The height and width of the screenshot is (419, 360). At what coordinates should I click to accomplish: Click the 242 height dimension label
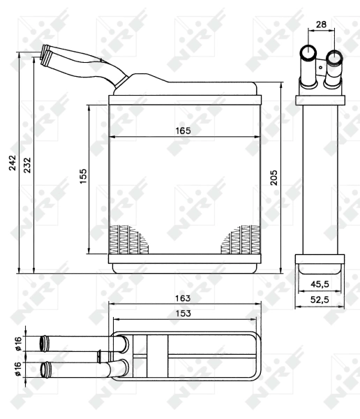(13, 163)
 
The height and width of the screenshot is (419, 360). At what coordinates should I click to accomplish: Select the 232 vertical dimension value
(27, 163)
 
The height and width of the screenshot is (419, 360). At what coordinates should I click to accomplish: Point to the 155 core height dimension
(82, 177)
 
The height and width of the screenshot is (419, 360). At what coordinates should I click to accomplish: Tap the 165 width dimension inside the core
(183, 131)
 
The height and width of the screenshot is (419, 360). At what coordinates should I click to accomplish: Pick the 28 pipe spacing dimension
(321, 24)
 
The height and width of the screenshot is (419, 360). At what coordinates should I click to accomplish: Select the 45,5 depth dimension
(320, 284)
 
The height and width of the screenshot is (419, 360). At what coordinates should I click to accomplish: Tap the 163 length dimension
(183, 297)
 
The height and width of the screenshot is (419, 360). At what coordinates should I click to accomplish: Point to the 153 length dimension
(183, 314)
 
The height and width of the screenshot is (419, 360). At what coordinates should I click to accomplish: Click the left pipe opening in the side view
(308, 53)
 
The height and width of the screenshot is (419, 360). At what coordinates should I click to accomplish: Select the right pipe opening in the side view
(334, 56)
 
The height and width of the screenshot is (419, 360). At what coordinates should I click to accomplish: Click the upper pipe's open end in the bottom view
(47, 343)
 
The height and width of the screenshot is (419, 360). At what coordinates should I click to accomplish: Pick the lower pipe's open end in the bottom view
(47, 368)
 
